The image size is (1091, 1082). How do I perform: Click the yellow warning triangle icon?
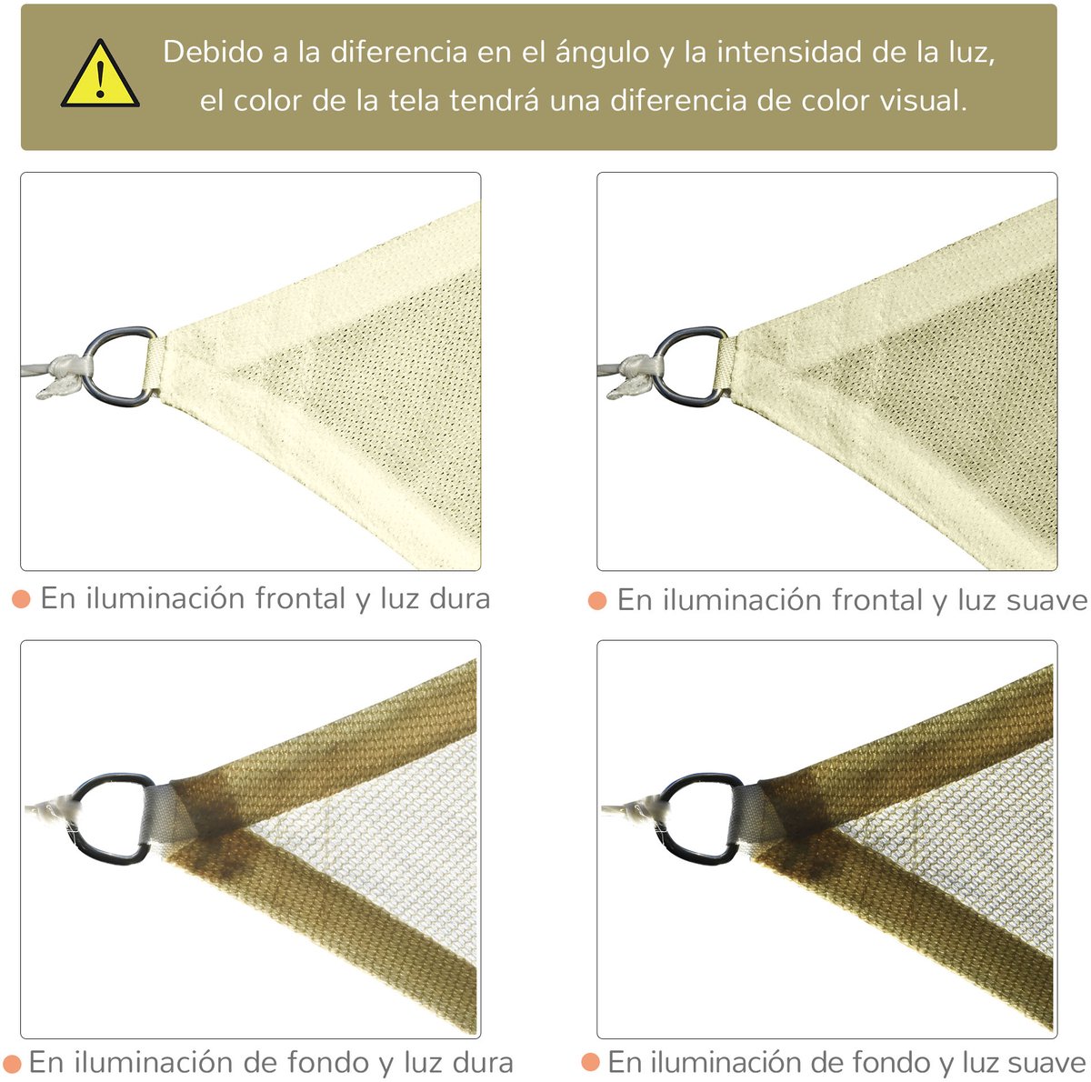click(100, 75)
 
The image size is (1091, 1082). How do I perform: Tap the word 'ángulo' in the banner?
click(602, 53)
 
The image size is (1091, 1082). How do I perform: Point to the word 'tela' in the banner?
click(415, 101)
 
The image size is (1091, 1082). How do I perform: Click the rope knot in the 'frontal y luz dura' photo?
click(64, 374)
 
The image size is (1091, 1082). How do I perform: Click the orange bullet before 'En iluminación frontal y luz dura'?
click(21, 599)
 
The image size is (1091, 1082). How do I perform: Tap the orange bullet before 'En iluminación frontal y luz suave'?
click(597, 600)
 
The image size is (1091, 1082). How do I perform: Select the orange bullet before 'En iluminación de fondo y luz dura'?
click(12, 1063)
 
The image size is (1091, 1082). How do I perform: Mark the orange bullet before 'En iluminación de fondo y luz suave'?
click(591, 1062)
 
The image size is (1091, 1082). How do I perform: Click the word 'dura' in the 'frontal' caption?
click(460, 599)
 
